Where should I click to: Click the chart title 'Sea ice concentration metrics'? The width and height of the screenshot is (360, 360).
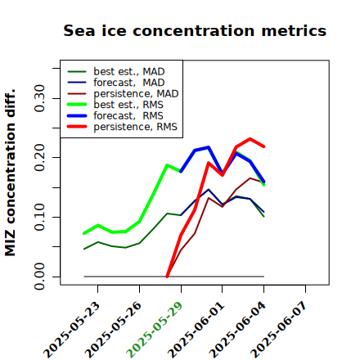click(x=195, y=30)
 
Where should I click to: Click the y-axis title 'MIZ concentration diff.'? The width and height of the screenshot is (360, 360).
click(x=10, y=173)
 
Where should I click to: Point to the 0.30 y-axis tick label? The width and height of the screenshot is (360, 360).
click(x=39, y=98)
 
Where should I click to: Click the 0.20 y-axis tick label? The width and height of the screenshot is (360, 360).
click(x=39, y=158)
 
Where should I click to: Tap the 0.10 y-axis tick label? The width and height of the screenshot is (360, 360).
click(x=39, y=217)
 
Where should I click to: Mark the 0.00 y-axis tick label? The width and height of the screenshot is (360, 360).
click(x=39, y=277)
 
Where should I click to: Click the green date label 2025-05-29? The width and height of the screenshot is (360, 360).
click(x=155, y=330)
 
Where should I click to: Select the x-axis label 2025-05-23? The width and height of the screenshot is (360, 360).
click(x=71, y=330)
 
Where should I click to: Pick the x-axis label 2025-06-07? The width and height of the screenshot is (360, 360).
click(x=279, y=330)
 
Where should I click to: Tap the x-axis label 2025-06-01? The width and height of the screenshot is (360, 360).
click(x=196, y=330)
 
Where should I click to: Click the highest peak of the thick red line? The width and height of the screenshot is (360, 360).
click(x=250, y=139)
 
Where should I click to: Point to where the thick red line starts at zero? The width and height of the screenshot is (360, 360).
click(x=167, y=277)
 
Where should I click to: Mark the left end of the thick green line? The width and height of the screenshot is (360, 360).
click(x=84, y=233)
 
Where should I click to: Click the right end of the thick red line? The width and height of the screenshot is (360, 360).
click(x=264, y=146)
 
